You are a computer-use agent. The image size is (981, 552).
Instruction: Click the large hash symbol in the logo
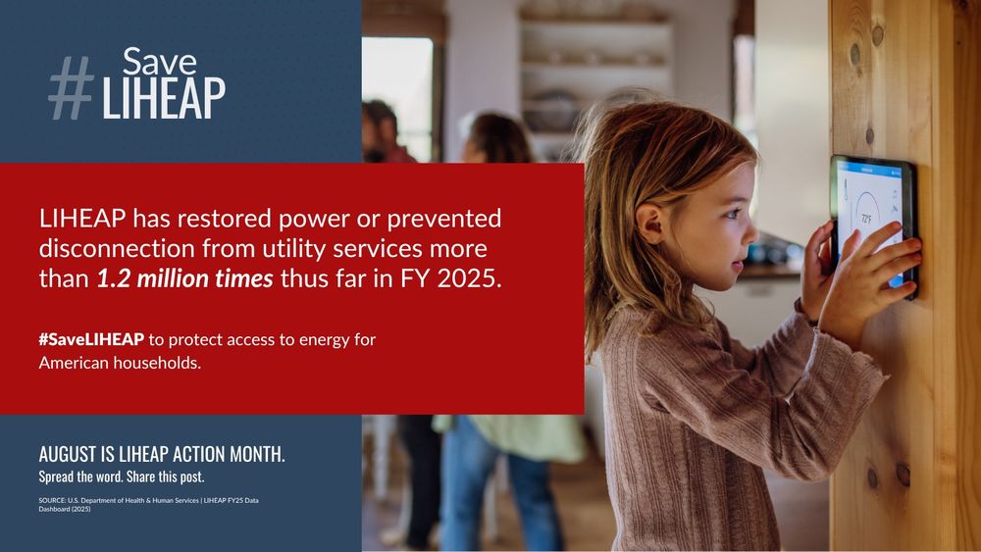71,88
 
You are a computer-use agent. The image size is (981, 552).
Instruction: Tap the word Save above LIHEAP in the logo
160,62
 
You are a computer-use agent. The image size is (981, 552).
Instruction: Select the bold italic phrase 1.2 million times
184,278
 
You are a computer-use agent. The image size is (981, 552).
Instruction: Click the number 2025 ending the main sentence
469,278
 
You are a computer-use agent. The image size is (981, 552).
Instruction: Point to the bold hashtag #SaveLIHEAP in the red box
91,339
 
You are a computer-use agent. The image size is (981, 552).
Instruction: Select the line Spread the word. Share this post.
122,477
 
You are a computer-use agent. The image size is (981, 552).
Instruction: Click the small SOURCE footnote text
149,505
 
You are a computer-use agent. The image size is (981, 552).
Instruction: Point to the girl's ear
648,223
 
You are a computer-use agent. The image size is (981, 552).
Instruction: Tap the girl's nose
750,233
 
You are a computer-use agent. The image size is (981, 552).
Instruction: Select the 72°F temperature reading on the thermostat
866,219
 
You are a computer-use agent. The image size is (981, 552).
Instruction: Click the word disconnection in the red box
117,248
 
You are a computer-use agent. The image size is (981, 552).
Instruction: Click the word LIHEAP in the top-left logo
163,97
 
